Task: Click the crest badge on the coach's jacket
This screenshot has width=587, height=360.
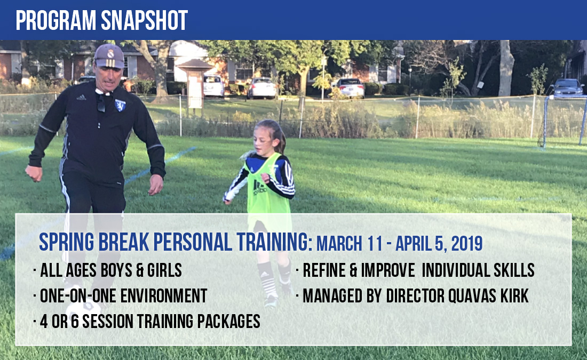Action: click(120, 105)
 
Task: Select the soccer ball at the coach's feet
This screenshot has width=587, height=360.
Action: click(83, 309)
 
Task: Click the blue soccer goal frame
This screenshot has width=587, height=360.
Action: click(564, 121)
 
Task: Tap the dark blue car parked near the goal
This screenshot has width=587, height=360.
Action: click(567, 87)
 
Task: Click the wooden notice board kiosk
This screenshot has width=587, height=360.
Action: click(195, 84)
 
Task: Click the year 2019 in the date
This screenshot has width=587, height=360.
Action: click(467, 244)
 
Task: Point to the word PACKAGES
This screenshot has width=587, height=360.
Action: click(228, 322)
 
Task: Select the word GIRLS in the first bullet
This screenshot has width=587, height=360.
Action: click(164, 270)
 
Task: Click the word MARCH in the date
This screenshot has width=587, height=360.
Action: click(339, 244)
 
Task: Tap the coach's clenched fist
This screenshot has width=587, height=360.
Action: click(34, 173)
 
